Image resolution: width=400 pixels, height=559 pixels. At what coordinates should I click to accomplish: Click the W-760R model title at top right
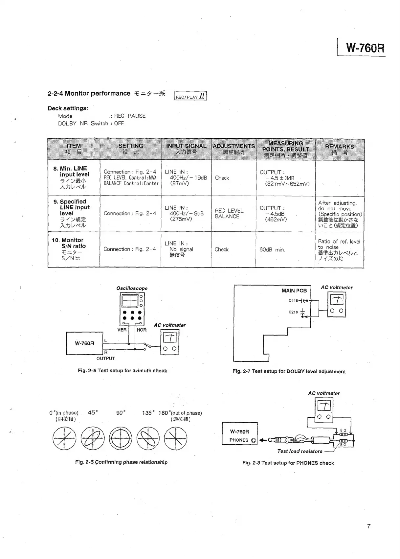(x=365, y=48)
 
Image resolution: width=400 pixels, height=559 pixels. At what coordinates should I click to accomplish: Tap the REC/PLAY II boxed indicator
(x=190, y=96)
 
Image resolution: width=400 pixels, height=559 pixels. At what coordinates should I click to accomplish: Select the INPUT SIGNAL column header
(x=186, y=149)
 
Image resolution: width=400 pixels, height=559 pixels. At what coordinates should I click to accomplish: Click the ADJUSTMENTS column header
(x=233, y=149)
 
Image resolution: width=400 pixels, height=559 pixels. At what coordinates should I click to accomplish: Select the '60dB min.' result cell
(x=272, y=250)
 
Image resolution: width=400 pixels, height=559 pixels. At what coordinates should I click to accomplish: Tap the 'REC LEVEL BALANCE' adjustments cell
(x=229, y=213)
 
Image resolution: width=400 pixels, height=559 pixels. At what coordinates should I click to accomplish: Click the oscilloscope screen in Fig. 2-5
(x=129, y=300)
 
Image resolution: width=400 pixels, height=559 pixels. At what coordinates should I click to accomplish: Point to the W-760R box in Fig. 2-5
(x=84, y=343)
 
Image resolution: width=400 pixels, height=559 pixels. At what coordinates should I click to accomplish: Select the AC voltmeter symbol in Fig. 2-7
(x=337, y=305)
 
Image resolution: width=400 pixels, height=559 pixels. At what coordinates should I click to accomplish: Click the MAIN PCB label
(x=294, y=291)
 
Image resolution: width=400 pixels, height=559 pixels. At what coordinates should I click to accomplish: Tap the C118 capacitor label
(x=293, y=300)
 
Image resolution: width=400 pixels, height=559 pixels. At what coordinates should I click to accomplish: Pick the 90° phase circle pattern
(x=121, y=439)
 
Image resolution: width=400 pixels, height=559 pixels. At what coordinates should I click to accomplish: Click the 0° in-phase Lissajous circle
(x=64, y=439)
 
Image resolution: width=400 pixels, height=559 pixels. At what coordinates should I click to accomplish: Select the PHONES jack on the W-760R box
(x=254, y=440)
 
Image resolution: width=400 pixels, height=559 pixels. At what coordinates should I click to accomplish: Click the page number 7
(x=369, y=526)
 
